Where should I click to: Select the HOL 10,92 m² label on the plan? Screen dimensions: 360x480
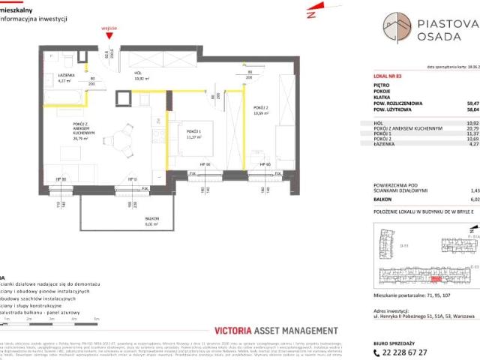click(x=142, y=76)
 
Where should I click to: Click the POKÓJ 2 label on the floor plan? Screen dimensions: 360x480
click(x=262, y=111)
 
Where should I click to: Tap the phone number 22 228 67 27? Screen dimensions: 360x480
click(x=412, y=352)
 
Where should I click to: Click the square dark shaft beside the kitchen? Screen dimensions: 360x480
click(x=122, y=98)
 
